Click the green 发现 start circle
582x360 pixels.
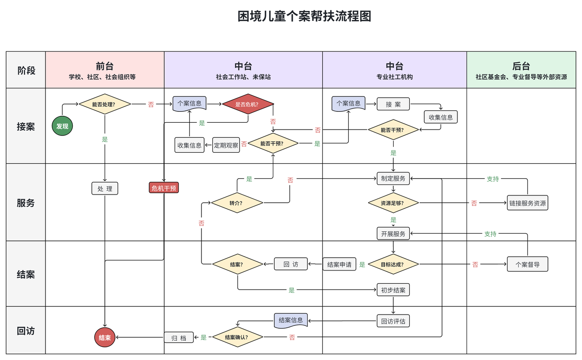pyautogui.click(x=62, y=126)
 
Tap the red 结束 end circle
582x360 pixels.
pyautogui.click(x=105, y=338)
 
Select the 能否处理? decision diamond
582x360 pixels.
pyautogui.click(x=105, y=104)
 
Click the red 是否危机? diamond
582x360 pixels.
pyautogui.click(x=248, y=104)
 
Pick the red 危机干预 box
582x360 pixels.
pyautogui.click(x=164, y=188)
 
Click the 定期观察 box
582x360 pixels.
pyautogui.click(x=226, y=145)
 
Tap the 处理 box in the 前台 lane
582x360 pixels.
pyautogui.click(x=105, y=188)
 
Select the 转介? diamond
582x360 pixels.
pyautogui.click(x=237, y=203)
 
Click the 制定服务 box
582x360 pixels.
pyautogui.click(x=393, y=178)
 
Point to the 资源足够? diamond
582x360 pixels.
pyautogui.click(x=393, y=203)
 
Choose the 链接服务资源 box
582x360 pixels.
pyautogui.click(x=527, y=203)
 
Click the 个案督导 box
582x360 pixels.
pyautogui.click(x=527, y=264)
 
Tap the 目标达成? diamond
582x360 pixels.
pyautogui.click(x=393, y=264)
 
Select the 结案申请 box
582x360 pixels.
pyautogui.click(x=339, y=264)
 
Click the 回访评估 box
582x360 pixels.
pyautogui.click(x=393, y=321)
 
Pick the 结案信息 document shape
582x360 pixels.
pyautogui.click(x=291, y=320)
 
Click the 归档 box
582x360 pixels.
pyautogui.click(x=179, y=337)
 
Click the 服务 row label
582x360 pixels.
pyautogui.click(x=25, y=203)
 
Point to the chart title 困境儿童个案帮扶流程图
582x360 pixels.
pyautogui.click(x=304, y=16)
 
